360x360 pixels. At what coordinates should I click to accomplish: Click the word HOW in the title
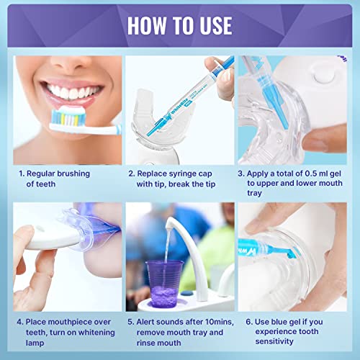(145, 24)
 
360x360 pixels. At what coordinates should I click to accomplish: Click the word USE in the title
(212, 24)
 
